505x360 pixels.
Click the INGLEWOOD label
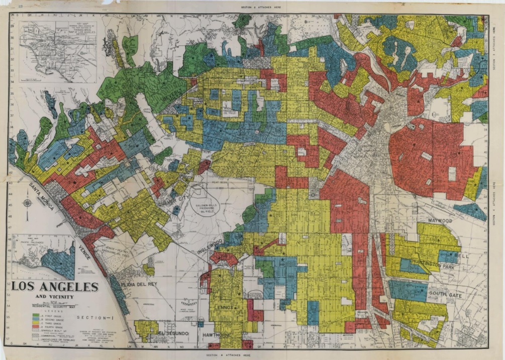(210, 247)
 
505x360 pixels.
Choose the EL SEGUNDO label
(173, 333)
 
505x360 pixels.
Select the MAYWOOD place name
(441, 220)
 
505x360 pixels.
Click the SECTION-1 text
(92, 317)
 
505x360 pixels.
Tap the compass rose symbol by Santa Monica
(28, 203)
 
